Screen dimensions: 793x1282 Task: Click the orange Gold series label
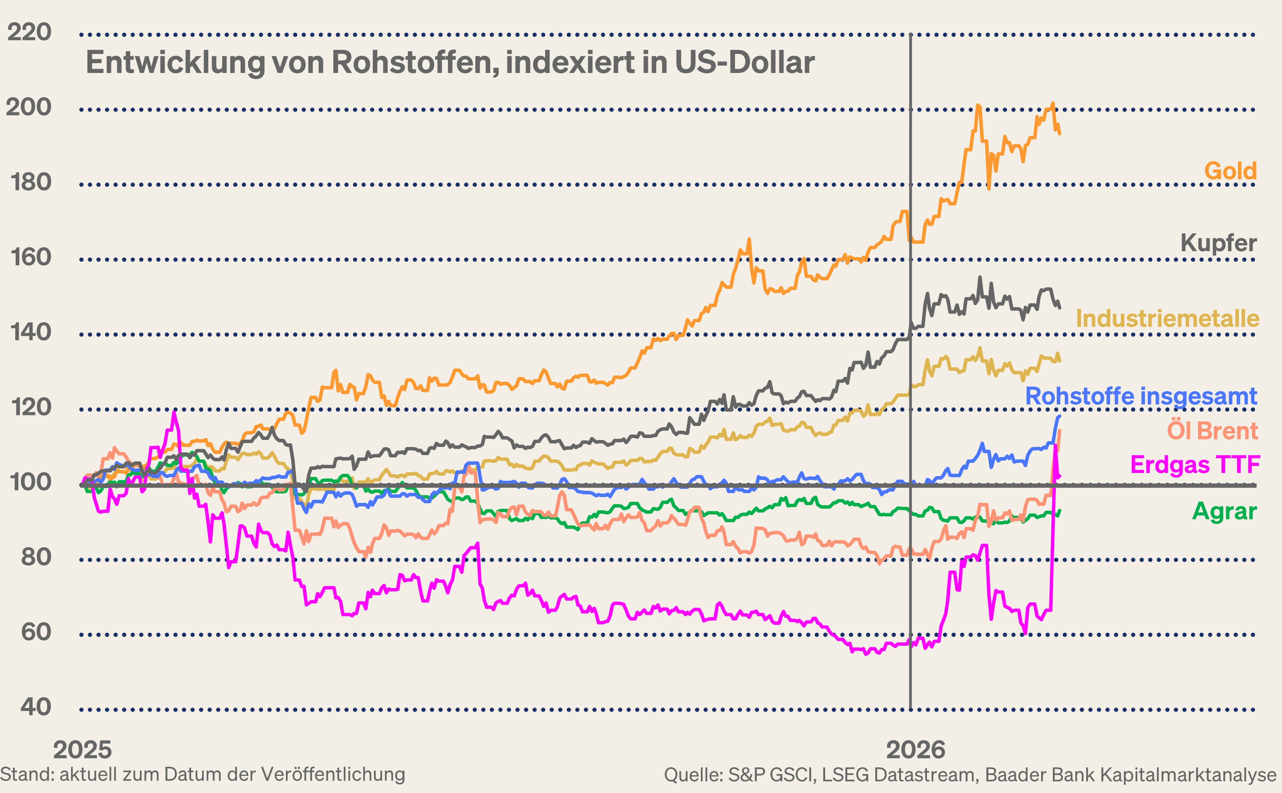click(x=1230, y=171)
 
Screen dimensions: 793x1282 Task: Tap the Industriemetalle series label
click(x=1167, y=318)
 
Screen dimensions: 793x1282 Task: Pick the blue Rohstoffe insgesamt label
click(x=1141, y=396)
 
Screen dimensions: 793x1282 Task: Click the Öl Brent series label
click(x=1212, y=431)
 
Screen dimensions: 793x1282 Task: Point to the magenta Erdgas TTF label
click(x=1195, y=465)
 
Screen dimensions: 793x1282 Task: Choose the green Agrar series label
click(x=1224, y=511)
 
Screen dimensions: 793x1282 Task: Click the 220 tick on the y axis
click(x=29, y=32)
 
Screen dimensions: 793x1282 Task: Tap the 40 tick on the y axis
click(x=36, y=707)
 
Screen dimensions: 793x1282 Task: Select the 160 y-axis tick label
click(x=30, y=257)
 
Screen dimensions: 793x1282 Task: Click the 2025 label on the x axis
click(x=82, y=750)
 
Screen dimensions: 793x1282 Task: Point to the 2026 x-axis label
click(x=915, y=750)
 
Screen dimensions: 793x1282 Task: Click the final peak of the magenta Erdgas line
click(x=1055, y=446)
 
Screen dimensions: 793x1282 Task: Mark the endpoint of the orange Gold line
click(x=1060, y=134)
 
